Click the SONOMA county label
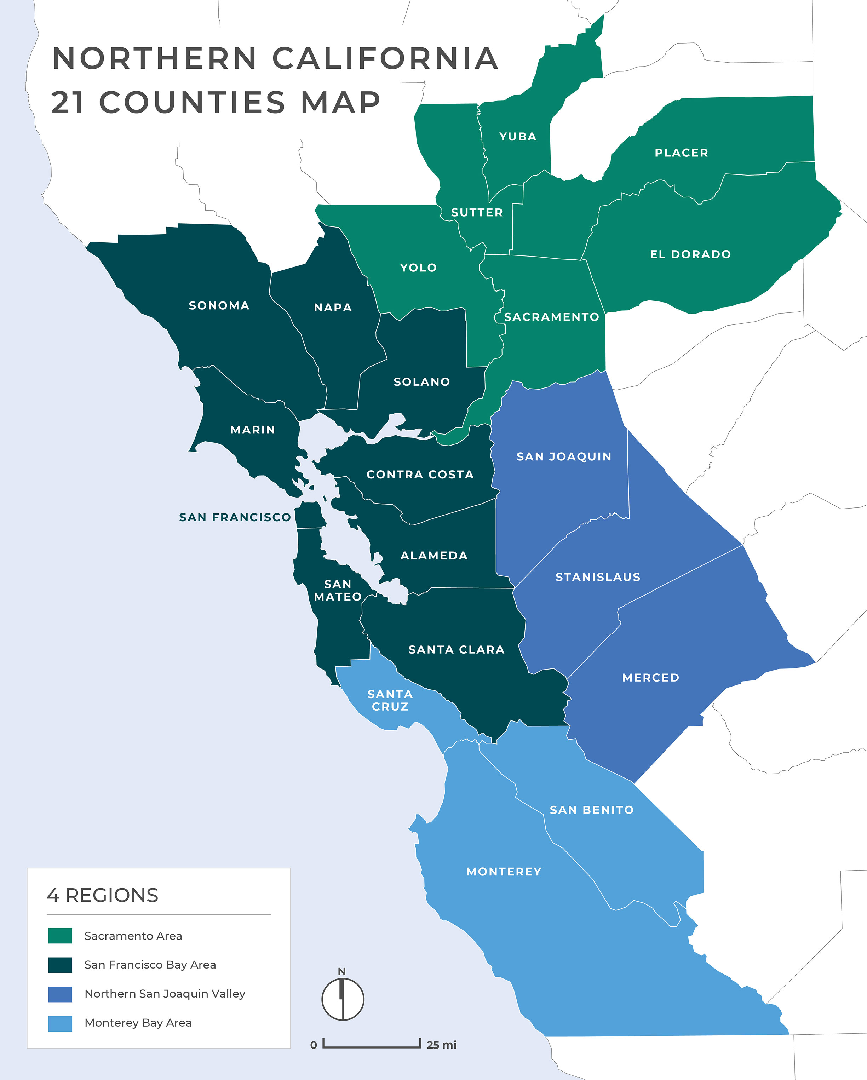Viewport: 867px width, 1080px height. coord(219,306)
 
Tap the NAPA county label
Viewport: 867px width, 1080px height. coord(333,308)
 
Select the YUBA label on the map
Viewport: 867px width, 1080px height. coord(518,136)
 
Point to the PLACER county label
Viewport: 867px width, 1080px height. coord(681,153)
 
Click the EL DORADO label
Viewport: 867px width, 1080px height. coord(690,254)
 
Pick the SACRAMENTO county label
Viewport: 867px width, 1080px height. coord(551,317)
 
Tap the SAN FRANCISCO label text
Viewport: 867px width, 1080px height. coord(235,517)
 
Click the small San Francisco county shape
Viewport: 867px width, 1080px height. coord(309,515)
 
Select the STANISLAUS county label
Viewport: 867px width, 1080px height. coord(598,577)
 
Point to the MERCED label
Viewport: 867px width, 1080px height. coord(651,678)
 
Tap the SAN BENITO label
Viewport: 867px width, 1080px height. coord(592,810)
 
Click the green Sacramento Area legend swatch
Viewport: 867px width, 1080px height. coord(60,936)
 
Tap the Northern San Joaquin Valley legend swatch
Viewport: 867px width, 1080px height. coord(60,994)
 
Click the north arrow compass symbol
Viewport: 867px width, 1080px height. coord(343,999)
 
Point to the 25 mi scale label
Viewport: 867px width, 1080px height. coord(441,1045)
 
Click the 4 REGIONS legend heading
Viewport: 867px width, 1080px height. coord(103,896)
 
